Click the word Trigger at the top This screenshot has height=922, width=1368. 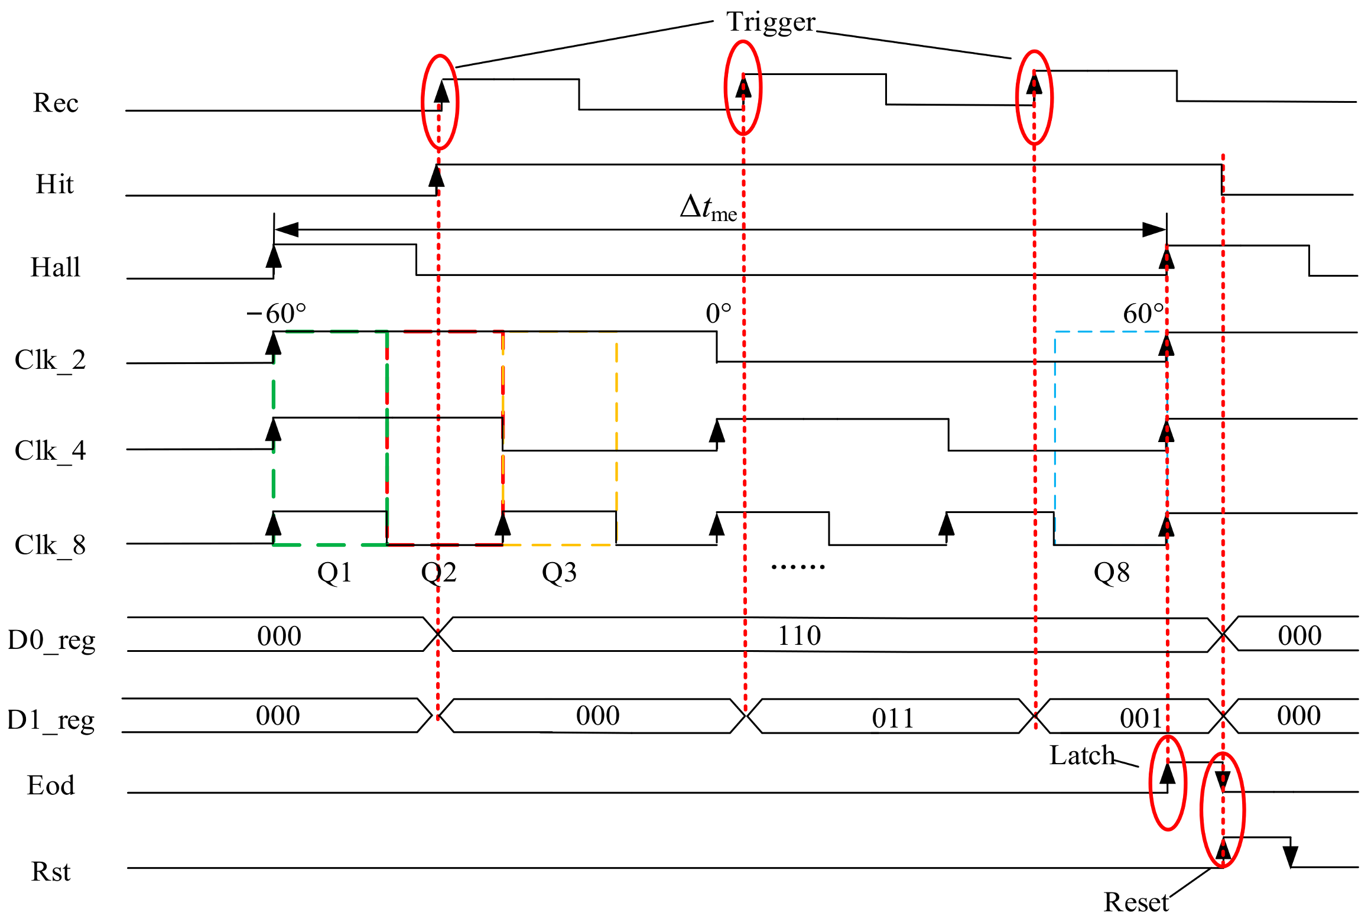point(771,22)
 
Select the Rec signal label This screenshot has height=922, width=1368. point(56,103)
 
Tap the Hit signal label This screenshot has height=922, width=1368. point(54,184)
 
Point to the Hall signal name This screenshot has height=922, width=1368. point(55,267)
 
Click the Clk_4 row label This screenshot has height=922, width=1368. point(50,451)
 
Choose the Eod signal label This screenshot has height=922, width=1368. point(51,785)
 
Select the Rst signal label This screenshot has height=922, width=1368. point(51,872)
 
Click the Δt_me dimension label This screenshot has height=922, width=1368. point(708,208)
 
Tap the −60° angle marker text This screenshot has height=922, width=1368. point(276,313)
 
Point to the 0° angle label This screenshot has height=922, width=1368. point(718,313)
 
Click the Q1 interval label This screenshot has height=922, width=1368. point(334,573)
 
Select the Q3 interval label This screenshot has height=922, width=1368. point(559,573)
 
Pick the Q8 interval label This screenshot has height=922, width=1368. point(1112,573)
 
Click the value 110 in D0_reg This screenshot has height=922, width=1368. point(799,636)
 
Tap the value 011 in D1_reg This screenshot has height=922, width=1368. point(892,719)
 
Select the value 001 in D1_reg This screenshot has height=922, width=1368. point(1141,719)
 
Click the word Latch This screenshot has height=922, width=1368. point(1081,755)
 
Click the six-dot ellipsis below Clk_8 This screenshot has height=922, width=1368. point(798,567)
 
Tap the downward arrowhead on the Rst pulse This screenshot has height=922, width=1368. point(1290,856)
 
